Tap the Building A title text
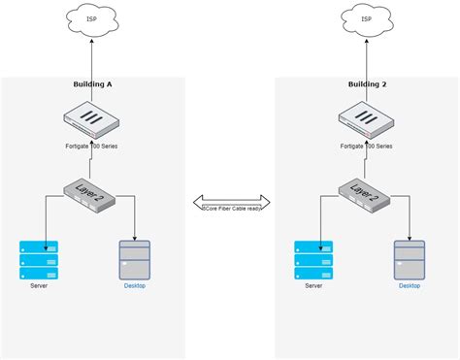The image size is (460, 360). point(93,84)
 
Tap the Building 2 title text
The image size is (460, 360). point(367,84)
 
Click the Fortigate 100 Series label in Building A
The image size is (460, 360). point(92,146)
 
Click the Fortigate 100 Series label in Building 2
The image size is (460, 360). point(367,146)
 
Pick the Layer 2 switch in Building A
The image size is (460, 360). point(93,194)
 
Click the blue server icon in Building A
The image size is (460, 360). point(39,259)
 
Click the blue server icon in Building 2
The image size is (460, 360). point(313,259)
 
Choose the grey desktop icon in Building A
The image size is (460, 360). point(135,259)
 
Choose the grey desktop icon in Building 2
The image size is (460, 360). point(410,259)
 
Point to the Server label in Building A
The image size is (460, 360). point(39,286)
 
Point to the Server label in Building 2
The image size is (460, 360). point(313,286)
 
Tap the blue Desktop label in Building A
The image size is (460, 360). point(135,286)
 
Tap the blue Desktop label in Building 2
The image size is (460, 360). point(410,286)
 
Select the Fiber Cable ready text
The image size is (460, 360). point(231,207)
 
